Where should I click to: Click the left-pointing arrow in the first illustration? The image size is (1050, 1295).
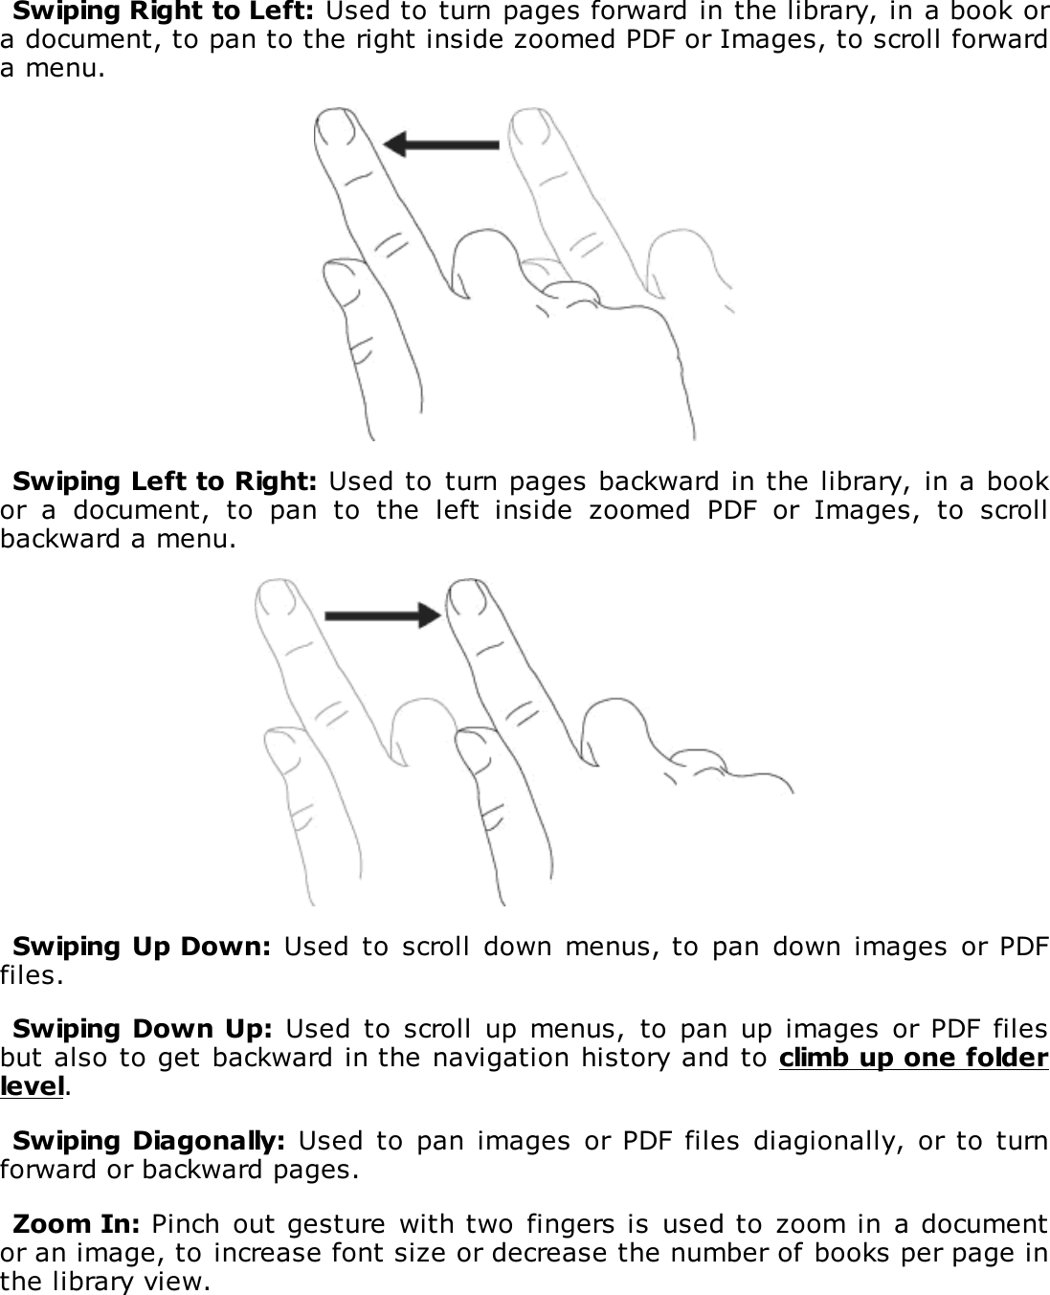440,145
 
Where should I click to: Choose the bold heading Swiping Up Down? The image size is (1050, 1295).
142,948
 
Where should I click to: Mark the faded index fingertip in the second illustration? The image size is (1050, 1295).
278,599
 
